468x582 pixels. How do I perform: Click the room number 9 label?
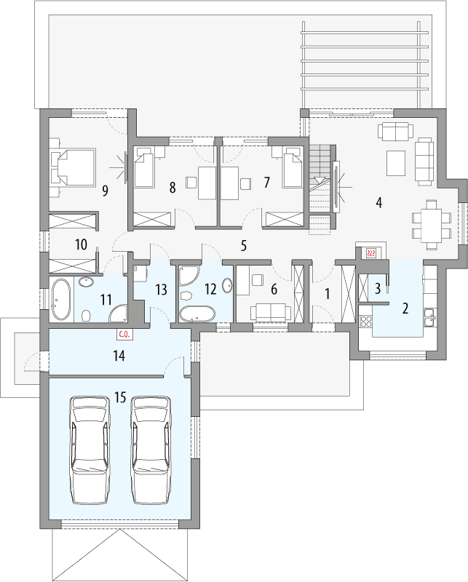106,191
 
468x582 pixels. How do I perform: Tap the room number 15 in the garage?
121,397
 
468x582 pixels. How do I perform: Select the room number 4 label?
378,202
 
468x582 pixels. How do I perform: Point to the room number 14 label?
120,356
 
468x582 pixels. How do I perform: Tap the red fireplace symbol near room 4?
370,252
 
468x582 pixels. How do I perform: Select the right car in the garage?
151,449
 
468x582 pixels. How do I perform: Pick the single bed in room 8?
148,170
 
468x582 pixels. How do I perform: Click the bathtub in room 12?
197,314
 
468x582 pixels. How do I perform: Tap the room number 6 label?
274,289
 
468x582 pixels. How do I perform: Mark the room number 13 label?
162,289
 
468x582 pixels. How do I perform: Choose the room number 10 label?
80,244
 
